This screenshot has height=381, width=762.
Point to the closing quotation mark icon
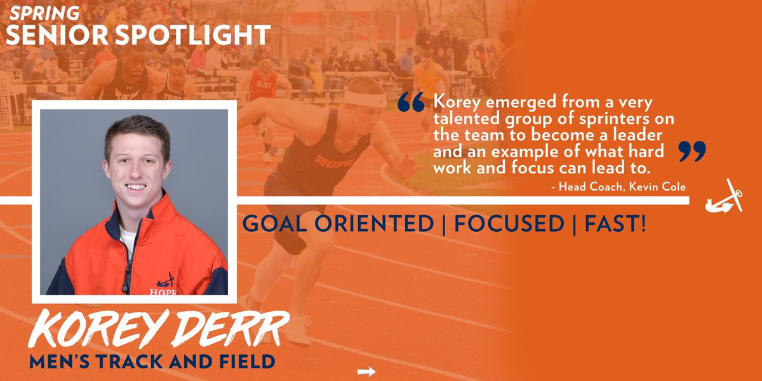(692, 151)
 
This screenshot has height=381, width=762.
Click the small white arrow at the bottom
(367, 371)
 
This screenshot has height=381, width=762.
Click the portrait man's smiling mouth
(137, 188)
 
